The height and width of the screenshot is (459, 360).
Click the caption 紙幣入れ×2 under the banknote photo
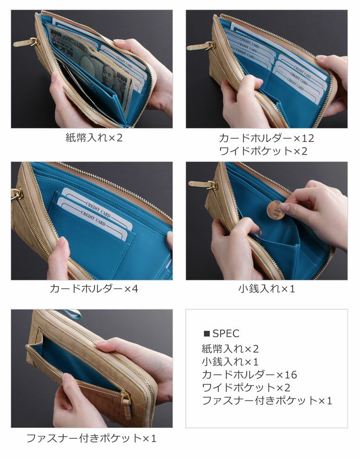[x=94, y=138]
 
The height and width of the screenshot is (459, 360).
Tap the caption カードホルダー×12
[x=266, y=138]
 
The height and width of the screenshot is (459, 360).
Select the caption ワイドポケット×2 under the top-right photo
[x=263, y=151]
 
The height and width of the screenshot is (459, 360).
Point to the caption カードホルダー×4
[x=94, y=289]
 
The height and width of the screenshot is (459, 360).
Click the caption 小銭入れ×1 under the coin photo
[x=266, y=289]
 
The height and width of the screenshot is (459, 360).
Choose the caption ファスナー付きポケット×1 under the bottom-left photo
[x=92, y=438]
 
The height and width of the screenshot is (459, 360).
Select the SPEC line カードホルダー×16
[x=250, y=374]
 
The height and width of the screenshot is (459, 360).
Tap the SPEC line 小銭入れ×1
[x=230, y=362]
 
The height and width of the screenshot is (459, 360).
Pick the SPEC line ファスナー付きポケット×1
[x=267, y=400]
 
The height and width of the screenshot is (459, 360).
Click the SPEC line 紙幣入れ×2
[x=230, y=349]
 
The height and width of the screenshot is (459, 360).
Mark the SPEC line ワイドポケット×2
[x=246, y=387]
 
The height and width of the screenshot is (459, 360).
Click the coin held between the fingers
[x=275, y=210]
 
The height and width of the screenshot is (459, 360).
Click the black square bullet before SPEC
[x=206, y=333]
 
